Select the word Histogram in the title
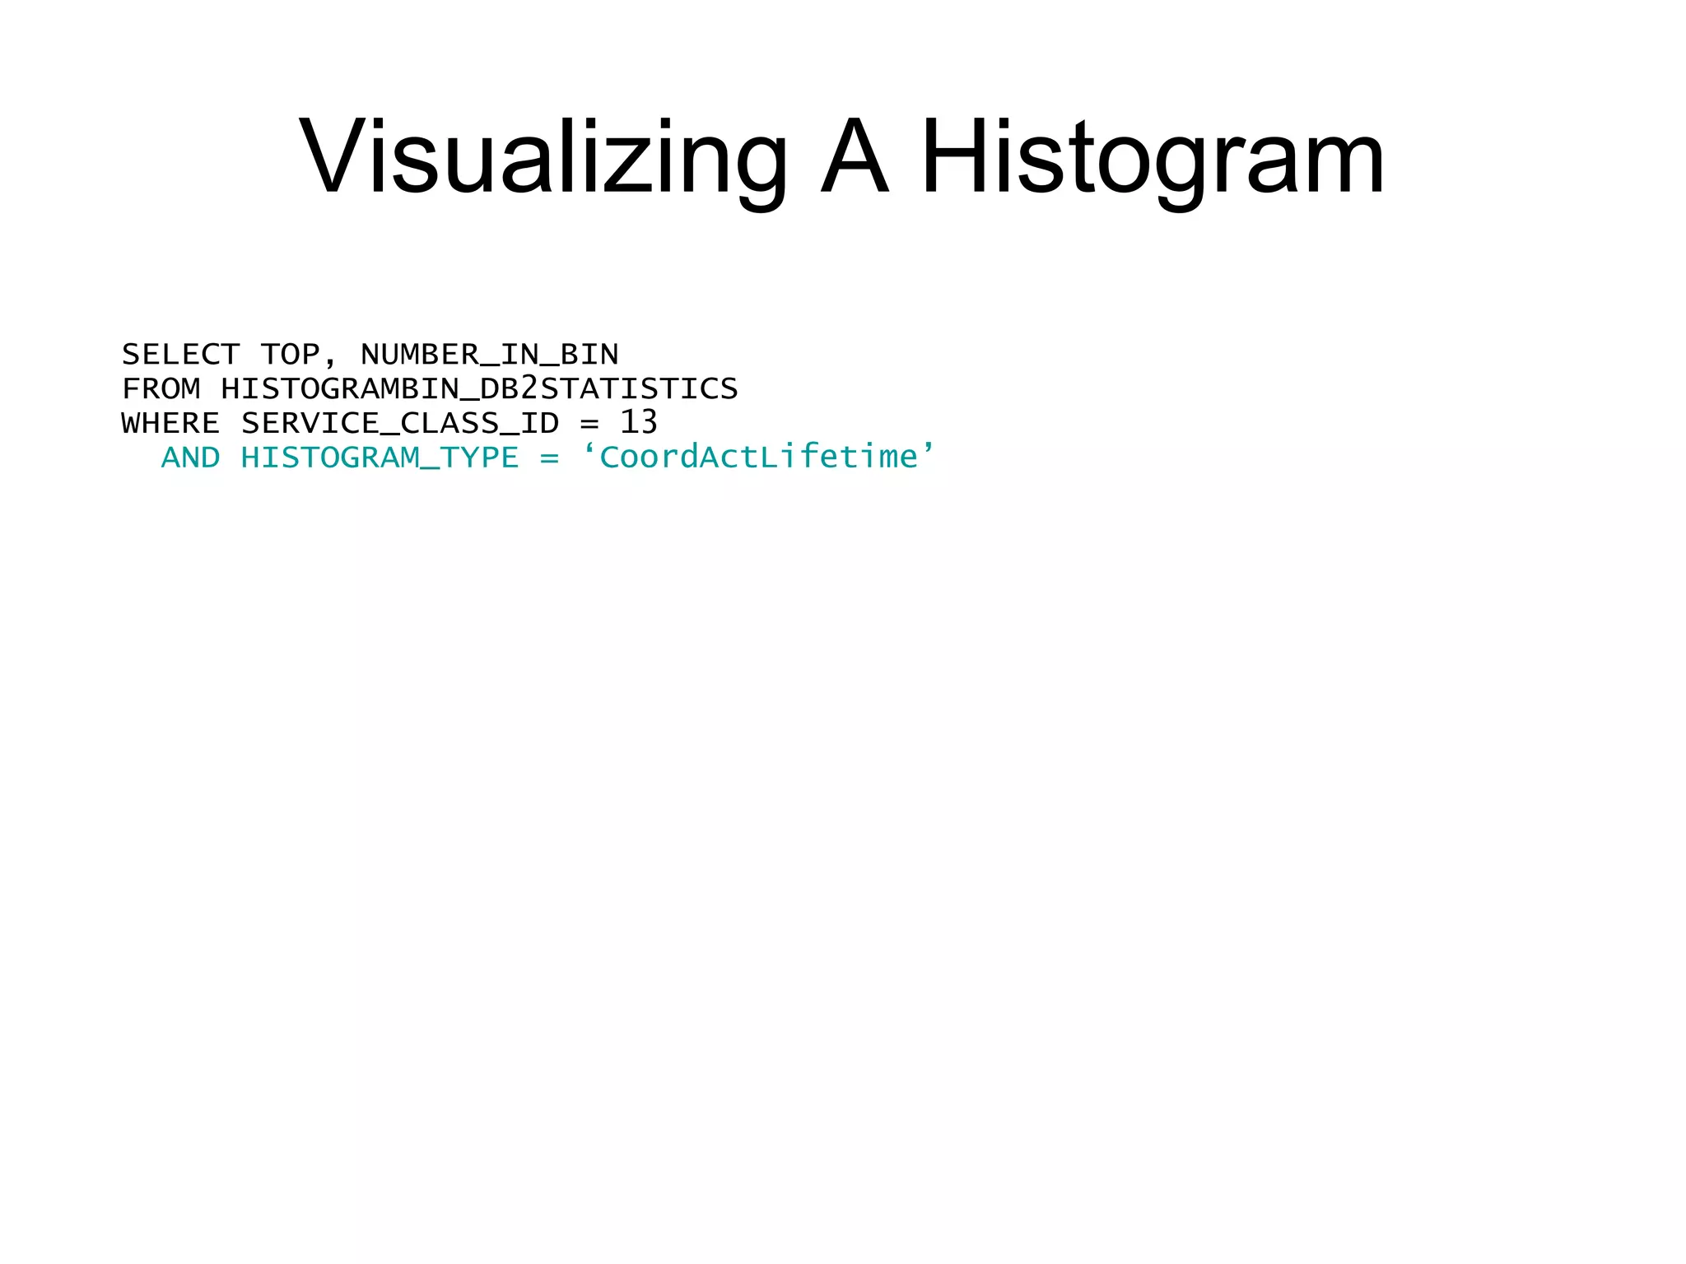pos(1153,156)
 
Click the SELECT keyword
pos(180,355)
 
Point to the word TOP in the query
pos(290,355)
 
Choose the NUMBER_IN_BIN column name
pos(490,355)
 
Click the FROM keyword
pos(161,389)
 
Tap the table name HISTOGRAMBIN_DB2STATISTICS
pos(479,389)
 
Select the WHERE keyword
pos(170,424)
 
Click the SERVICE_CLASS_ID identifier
pos(400,424)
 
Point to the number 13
pos(639,423)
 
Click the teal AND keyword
pos(190,458)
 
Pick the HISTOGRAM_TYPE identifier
pos(380,458)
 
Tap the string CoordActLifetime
pos(758,458)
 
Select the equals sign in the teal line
pos(549,458)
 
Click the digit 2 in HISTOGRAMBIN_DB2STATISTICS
pos(529,388)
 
